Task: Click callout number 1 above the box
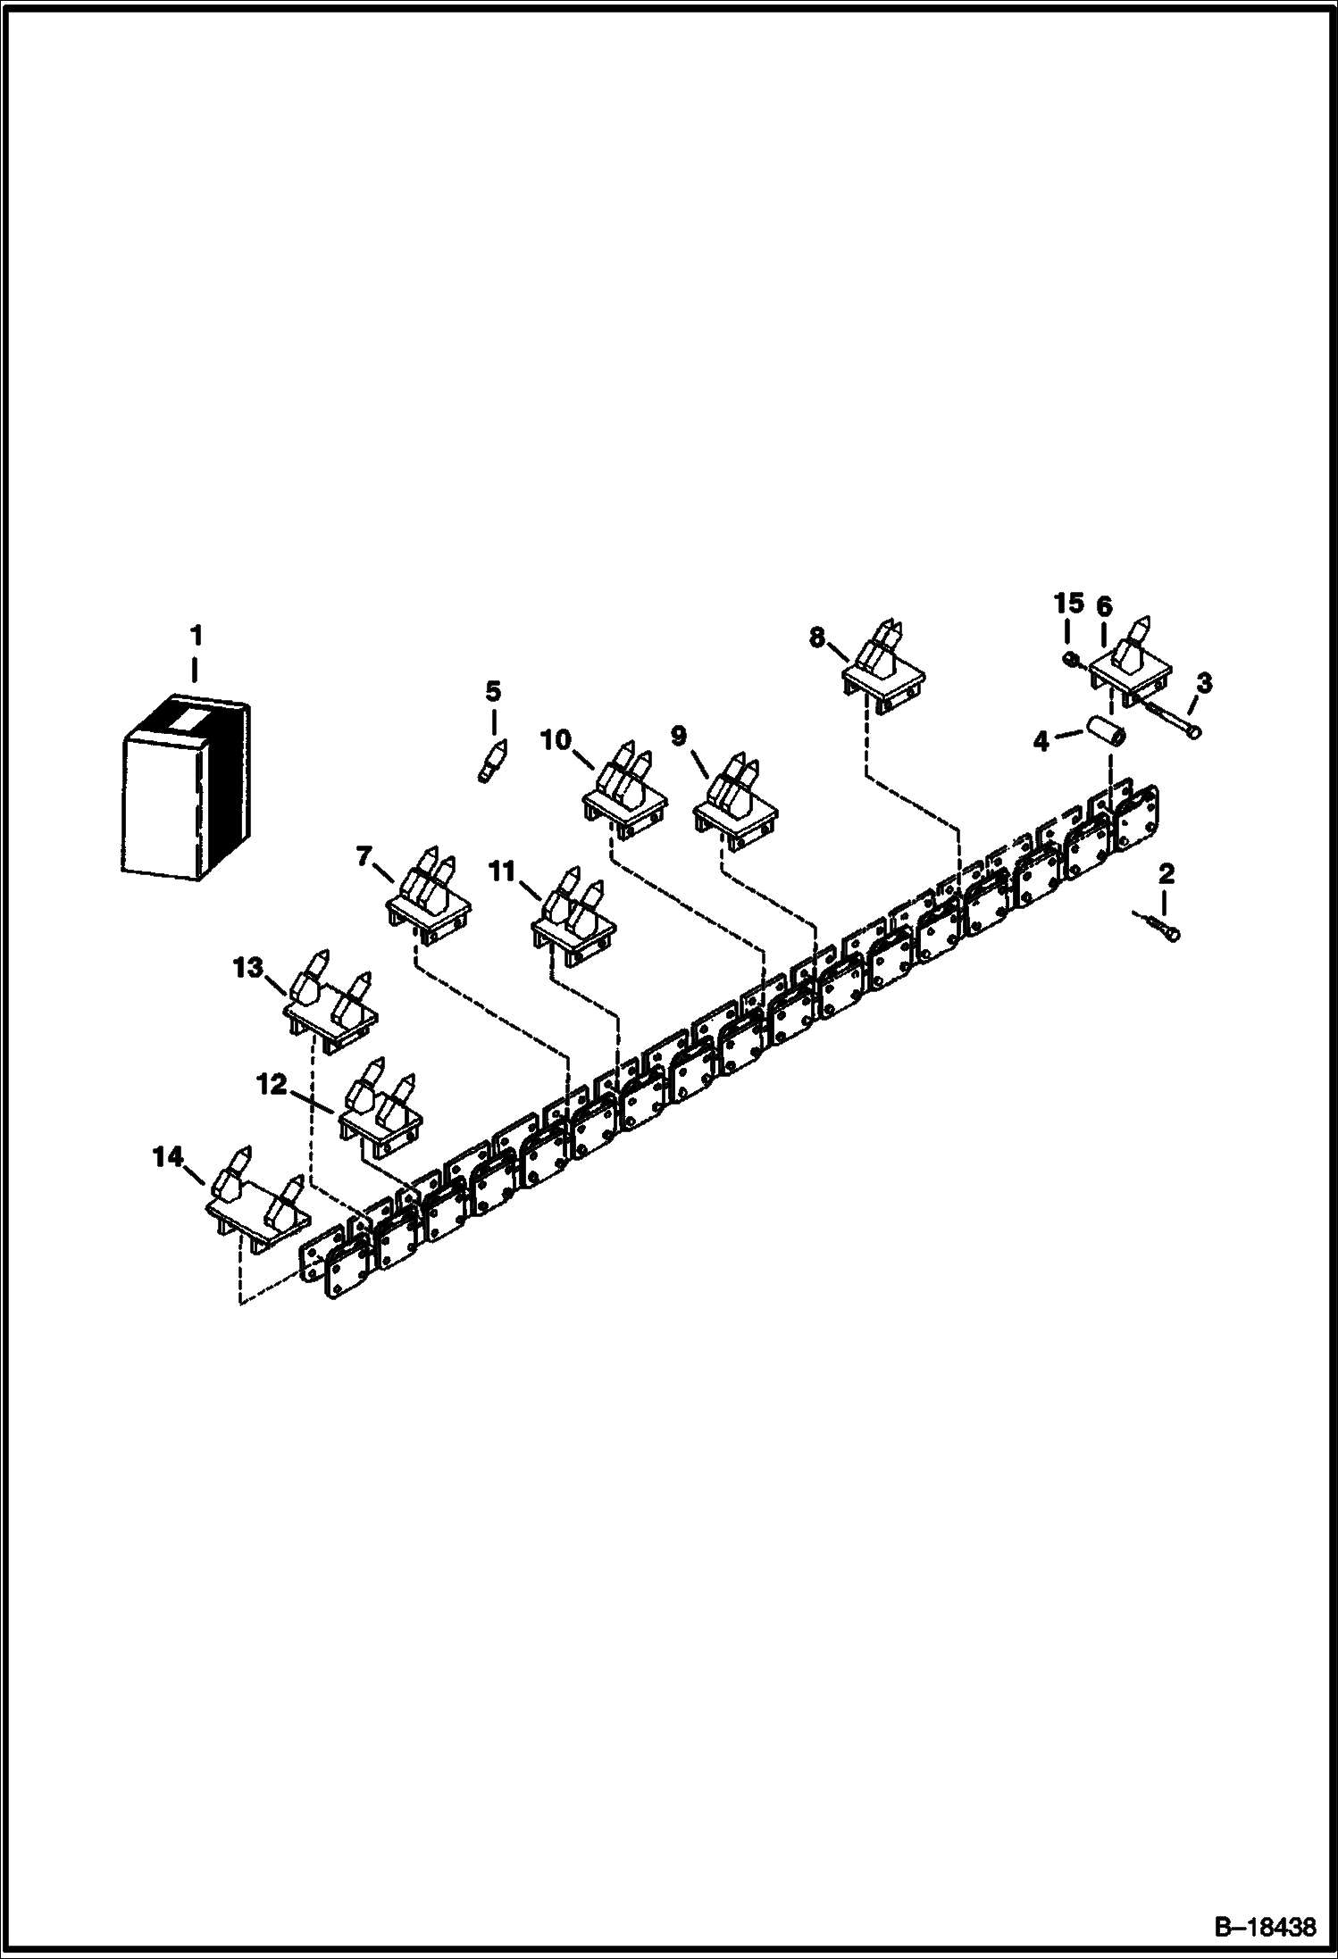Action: point(196,636)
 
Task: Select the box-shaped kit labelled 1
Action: point(186,788)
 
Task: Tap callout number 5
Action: point(493,691)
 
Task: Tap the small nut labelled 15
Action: point(1071,660)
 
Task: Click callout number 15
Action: point(1069,604)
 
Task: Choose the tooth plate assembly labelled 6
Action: point(1130,664)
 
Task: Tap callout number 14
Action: point(167,1158)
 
